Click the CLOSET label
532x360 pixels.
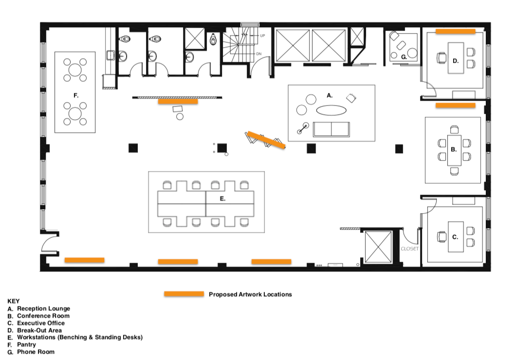pyautogui.click(x=409, y=249)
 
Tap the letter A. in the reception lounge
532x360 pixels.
pyautogui.click(x=330, y=96)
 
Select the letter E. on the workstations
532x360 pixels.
pyautogui.click(x=222, y=198)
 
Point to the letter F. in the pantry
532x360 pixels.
pyautogui.click(x=76, y=96)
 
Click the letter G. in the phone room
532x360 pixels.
pyautogui.click(x=404, y=57)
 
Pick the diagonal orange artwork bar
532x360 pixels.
pyautogui.click(x=266, y=140)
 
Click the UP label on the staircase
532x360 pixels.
pyautogui.click(x=262, y=36)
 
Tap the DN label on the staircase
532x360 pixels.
pyautogui.click(x=259, y=54)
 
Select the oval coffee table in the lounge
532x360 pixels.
pyautogui.click(x=332, y=110)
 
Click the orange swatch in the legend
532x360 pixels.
pyautogui.click(x=183, y=294)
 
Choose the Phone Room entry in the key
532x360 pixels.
pyautogui.click(x=36, y=352)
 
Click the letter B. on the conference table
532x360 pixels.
pyautogui.click(x=454, y=150)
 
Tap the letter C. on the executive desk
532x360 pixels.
pyautogui.click(x=455, y=237)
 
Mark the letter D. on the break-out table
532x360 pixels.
pyautogui.click(x=456, y=61)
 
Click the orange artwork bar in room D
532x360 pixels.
pyautogui.click(x=455, y=31)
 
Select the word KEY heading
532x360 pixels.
pyautogui.click(x=14, y=301)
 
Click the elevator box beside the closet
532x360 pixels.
pyautogui.click(x=378, y=247)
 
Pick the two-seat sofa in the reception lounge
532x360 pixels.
pyautogui.click(x=331, y=129)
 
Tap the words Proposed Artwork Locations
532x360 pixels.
pyautogui.click(x=250, y=294)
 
